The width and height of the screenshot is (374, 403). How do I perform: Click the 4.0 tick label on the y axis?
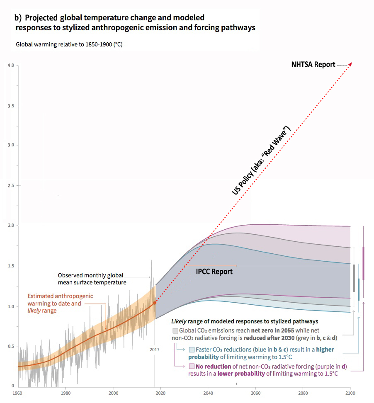10,66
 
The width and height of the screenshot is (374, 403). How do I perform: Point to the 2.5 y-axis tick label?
10,185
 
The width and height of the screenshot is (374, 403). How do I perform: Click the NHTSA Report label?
313,64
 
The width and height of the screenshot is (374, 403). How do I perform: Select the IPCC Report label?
214,272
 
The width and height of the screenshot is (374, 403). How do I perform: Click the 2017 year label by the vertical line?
154,350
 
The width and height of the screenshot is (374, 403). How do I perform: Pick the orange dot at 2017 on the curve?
155,303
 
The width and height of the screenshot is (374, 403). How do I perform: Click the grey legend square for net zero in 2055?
176,331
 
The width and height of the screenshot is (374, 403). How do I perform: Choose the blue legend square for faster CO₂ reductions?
192,350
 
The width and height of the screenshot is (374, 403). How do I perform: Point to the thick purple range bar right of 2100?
364,263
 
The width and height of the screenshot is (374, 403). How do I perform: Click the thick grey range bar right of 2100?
354,278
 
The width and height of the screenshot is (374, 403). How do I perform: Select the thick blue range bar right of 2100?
359,289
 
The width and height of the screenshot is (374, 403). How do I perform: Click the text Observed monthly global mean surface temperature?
92,279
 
